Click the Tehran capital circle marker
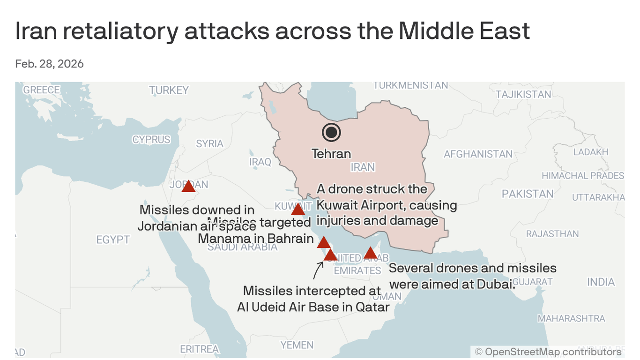[331, 133]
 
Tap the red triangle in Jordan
[188, 187]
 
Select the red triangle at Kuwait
[298, 209]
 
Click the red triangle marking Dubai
[370, 253]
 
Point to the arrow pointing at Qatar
[318, 270]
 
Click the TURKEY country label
[169, 90]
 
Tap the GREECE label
[42, 90]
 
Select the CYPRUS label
[151, 140]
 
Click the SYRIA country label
[209, 143]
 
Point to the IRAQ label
[260, 162]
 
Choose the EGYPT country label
[113, 240]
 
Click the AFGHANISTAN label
[478, 154]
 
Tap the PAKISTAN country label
[528, 194]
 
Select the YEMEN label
[297, 345]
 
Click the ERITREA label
[200, 349]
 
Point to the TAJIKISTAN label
[523, 94]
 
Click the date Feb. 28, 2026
[49, 64]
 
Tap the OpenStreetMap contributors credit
[548, 352]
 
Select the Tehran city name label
[331, 153]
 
